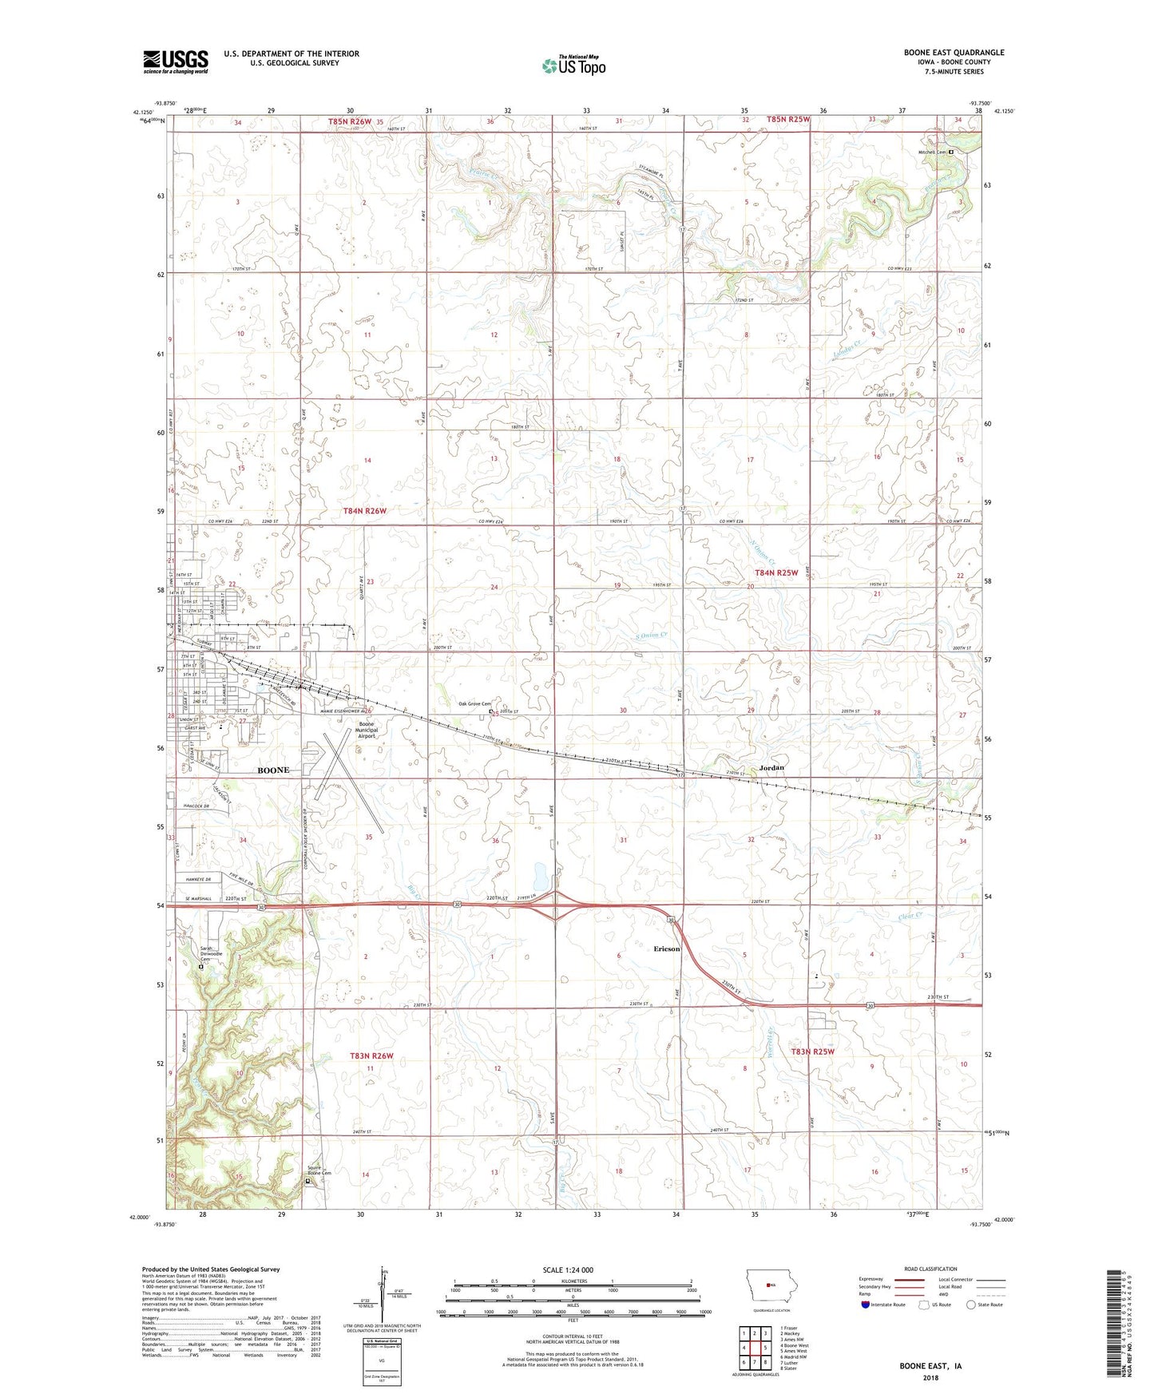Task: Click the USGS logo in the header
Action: point(176,61)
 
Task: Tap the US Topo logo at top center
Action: point(573,65)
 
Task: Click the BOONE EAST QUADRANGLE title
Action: point(954,53)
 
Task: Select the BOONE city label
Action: point(273,770)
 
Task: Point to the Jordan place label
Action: point(771,767)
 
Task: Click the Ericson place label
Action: point(667,948)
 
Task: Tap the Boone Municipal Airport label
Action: point(367,730)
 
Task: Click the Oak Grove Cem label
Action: point(474,703)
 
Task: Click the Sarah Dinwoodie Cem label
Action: point(211,954)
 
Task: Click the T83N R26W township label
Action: point(371,1055)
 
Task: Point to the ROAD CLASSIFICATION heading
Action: point(931,1269)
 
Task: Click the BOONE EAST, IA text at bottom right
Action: point(930,1366)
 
